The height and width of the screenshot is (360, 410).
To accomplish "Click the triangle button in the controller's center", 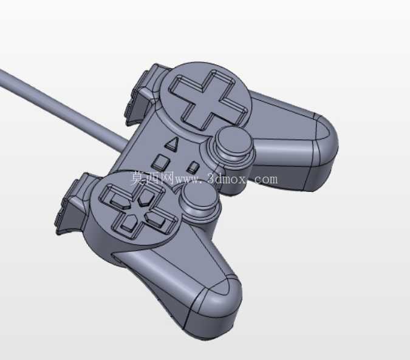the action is pos(171,144).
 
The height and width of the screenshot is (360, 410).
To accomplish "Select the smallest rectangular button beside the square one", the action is pos(193,167).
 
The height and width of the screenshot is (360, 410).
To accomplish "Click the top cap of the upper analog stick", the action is pos(234,141).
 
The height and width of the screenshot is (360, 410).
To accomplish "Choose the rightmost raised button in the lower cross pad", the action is pos(157,219).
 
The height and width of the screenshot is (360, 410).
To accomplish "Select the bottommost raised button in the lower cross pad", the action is pos(130,224).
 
